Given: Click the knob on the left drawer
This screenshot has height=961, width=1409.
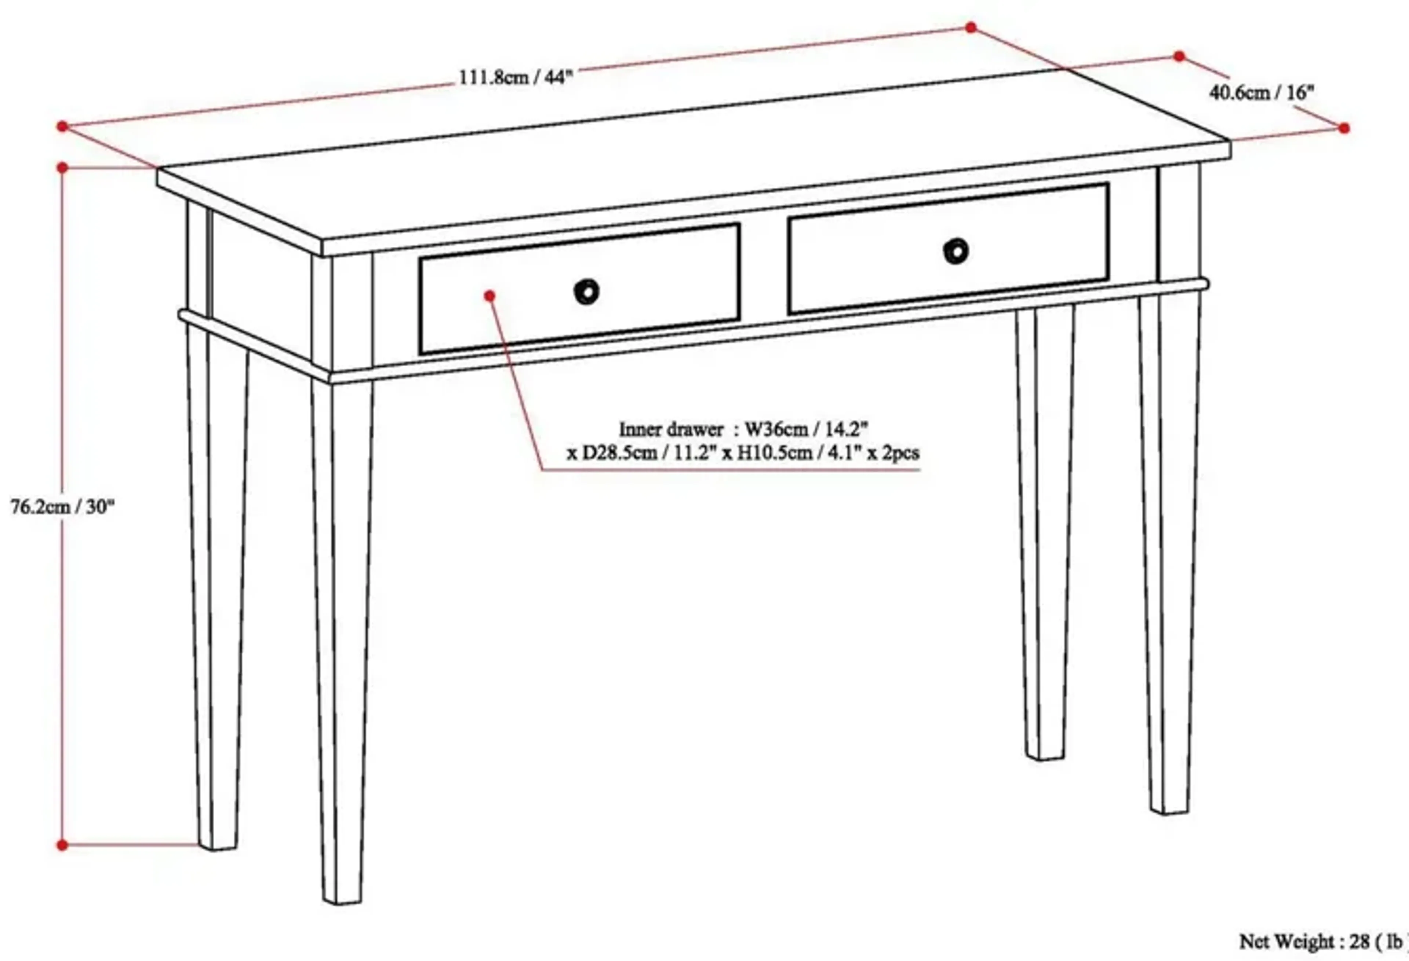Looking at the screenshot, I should (586, 292).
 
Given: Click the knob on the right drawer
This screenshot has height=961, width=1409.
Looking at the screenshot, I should (956, 251).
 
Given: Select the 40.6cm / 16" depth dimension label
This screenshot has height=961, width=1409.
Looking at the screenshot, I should (1261, 93).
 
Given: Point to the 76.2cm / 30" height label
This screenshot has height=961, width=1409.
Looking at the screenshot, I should (62, 507).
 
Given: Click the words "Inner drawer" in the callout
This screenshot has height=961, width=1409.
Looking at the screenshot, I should (670, 430).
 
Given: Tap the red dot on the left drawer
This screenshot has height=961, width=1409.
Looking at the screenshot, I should (490, 295).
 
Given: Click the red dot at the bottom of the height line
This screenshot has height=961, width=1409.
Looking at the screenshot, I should (62, 845).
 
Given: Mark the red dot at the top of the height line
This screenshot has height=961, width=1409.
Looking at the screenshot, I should (62, 167).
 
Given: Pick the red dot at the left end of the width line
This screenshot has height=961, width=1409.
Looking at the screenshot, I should (62, 126).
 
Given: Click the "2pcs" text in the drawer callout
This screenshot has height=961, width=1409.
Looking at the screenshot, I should (901, 452).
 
